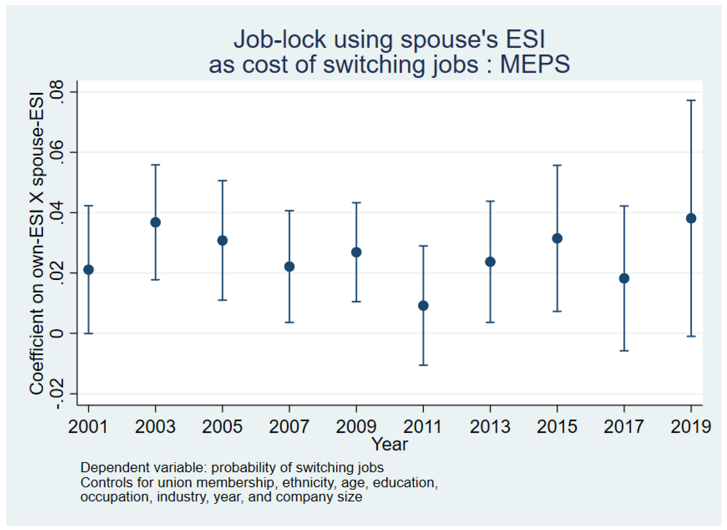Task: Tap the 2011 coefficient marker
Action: point(423,306)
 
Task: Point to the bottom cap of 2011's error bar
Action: point(423,365)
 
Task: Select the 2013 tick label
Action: point(490,427)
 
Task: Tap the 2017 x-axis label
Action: point(624,427)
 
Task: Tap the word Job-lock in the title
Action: point(279,39)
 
